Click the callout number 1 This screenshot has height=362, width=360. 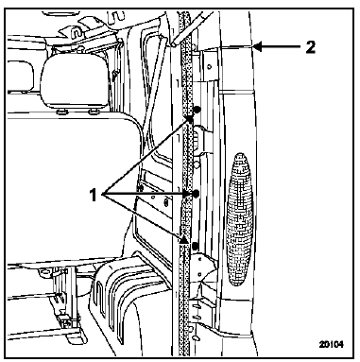(x=94, y=196)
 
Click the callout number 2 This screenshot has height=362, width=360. (x=310, y=47)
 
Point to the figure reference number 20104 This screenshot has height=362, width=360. (x=331, y=344)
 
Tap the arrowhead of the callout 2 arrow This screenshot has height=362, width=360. (x=257, y=47)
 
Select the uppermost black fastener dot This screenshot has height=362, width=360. (x=197, y=110)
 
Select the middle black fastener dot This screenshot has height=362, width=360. (x=196, y=194)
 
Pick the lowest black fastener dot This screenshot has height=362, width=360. (x=196, y=245)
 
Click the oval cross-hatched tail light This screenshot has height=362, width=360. (x=240, y=219)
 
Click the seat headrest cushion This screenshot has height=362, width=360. (x=77, y=82)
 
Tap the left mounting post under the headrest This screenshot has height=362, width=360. (x=60, y=112)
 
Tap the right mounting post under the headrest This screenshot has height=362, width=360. (x=92, y=112)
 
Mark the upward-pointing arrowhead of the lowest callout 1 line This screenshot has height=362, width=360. (x=184, y=239)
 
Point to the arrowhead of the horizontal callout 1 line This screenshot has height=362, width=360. (x=187, y=196)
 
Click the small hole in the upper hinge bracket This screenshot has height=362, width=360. (x=210, y=66)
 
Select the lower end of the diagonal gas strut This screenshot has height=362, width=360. (x=173, y=44)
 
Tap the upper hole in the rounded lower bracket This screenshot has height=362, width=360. (x=200, y=259)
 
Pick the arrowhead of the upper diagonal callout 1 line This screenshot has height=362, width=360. (x=190, y=120)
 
